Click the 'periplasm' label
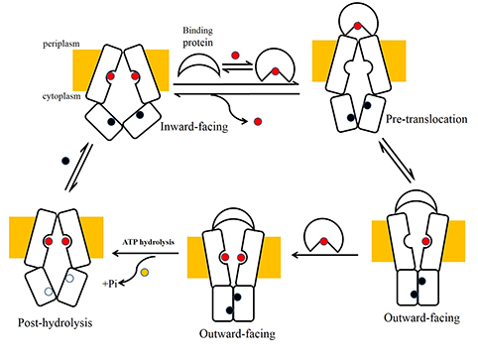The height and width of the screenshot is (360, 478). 61,44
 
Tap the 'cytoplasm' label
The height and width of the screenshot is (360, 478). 61,96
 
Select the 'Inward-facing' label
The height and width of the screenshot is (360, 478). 194,127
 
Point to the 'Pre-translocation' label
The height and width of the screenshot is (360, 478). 426,119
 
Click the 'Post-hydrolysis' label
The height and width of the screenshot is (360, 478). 55,322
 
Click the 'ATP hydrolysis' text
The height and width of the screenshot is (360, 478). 148,242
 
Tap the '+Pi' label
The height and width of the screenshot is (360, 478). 110,284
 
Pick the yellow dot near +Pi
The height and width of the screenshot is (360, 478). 145,273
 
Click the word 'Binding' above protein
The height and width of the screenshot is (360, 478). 197,31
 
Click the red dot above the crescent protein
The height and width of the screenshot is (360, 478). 235,56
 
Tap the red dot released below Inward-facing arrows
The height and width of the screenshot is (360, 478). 258,122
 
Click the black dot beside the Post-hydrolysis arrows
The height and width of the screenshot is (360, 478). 65,161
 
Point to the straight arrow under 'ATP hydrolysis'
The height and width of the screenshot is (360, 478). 146,254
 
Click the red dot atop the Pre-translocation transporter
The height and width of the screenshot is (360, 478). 357,26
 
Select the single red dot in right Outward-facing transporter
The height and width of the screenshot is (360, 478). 425,241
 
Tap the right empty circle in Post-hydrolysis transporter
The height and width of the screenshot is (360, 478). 69,279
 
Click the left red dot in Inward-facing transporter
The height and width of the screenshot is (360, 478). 111,76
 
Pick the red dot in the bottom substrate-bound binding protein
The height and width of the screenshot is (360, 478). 323,241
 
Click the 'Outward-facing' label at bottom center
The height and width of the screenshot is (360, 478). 237,334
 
